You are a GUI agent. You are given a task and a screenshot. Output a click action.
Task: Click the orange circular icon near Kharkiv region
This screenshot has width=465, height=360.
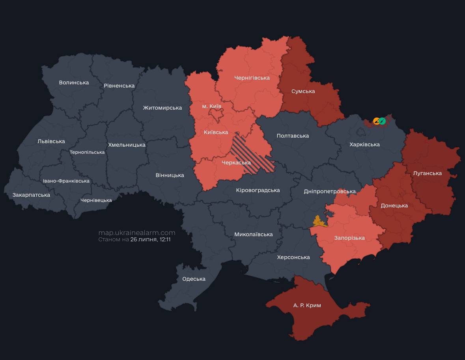376,121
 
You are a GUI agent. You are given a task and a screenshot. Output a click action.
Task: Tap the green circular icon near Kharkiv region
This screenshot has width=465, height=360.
382,121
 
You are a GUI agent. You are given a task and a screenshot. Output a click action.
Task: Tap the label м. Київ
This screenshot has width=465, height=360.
211,106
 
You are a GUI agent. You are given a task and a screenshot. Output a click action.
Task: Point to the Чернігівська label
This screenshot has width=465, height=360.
252,78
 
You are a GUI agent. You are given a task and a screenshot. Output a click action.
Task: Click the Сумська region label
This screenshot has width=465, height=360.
303,91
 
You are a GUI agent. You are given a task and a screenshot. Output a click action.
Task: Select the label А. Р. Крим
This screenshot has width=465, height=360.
307,305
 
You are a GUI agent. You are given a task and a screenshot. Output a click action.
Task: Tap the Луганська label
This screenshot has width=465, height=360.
427,173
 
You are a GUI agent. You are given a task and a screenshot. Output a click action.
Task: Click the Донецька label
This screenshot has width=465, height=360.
394,205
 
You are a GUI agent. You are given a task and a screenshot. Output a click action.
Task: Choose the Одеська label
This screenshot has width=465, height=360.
194,279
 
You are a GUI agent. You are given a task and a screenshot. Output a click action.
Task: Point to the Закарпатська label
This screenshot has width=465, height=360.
31,195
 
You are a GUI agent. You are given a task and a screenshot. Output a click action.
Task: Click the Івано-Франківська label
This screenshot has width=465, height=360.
66,181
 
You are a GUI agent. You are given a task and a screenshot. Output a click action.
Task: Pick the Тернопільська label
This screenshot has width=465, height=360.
87,152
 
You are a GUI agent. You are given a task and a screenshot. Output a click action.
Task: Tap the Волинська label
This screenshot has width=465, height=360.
74,82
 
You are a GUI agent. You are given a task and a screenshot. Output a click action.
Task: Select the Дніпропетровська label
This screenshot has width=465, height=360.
330,191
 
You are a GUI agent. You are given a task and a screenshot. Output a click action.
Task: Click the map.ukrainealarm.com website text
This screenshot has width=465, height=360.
137,233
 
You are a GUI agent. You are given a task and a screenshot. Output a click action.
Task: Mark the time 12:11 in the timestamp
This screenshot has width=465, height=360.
165,239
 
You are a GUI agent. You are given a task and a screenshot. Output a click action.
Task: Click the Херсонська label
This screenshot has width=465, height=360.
293,257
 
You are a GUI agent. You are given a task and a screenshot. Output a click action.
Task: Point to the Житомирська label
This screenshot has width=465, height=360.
162,108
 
